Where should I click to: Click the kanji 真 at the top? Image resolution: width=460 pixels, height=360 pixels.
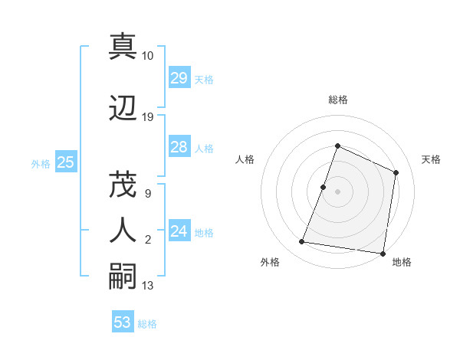tap(122, 45)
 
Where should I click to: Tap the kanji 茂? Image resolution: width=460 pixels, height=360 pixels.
tap(122, 183)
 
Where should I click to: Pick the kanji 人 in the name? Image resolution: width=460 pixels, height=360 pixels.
tap(122, 229)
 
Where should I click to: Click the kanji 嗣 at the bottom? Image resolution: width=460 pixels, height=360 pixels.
tap(122, 275)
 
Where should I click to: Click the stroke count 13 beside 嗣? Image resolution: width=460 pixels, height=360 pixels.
tap(148, 286)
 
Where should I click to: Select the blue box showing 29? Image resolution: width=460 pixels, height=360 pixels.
tap(179, 78)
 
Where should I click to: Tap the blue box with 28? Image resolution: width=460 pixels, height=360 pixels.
tap(179, 147)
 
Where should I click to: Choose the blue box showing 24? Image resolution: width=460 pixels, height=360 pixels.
tap(179, 231)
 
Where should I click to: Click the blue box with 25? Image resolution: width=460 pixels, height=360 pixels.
tap(65, 162)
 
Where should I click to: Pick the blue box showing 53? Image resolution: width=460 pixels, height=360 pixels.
tap(122, 322)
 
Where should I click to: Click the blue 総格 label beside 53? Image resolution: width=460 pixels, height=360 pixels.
tap(147, 324)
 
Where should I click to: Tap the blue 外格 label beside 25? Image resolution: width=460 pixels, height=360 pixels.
tap(41, 163)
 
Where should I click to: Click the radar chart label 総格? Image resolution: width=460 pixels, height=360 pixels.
tap(337, 100)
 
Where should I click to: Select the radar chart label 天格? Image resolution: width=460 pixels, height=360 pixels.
tap(431, 159)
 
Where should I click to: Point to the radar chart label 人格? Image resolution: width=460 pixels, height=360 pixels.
tap(245, 159)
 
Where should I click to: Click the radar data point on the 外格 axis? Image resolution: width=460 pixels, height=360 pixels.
tap(302, 242)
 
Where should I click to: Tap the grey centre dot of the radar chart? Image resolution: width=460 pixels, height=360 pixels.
tap(337, 191)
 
